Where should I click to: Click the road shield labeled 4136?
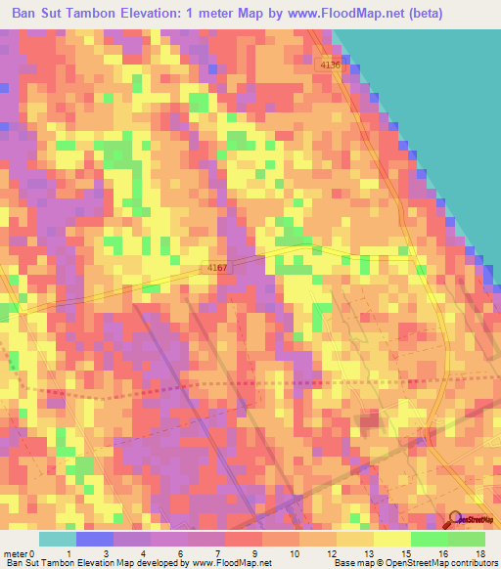(330, 65)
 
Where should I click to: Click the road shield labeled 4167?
(218, 266)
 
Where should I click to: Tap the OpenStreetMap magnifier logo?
(456, 520)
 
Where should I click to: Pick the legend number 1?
(68, 552)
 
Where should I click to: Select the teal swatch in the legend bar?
(58, 539)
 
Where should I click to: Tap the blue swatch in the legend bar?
(95, 539)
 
